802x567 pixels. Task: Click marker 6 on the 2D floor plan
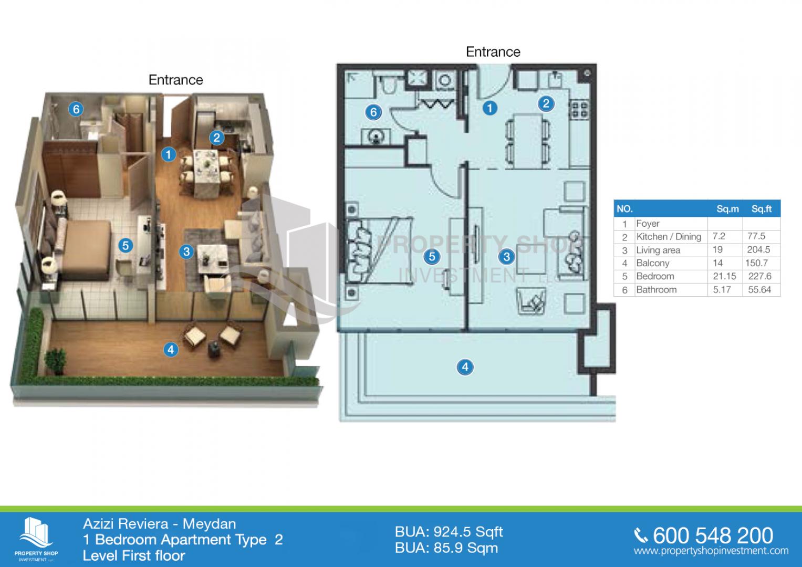(373, 112)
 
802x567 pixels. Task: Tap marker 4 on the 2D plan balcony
(465, 367)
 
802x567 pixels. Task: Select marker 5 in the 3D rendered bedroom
(126, 246)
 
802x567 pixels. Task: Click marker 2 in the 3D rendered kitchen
(216, 138)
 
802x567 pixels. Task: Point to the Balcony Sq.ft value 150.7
(756, 263)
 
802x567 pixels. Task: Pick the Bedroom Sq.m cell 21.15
(724, 276)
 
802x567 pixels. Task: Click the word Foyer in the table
(648, 224)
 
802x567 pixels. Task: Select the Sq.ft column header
(762, 209)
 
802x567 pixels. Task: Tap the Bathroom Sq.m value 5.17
(722, 290)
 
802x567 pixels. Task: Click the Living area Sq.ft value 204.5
(758, 250)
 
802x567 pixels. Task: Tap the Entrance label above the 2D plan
(493, 52)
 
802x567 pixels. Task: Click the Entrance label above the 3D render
(176, 80)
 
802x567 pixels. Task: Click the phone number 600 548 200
(713, 535)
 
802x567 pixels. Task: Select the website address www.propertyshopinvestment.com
(711, 551)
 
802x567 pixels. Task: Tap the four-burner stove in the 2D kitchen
(579, 109)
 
